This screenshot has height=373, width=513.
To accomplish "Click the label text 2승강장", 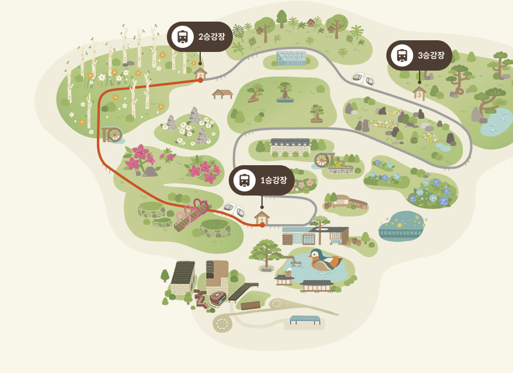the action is tap(211, 37).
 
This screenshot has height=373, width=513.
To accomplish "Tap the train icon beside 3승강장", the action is tap(402, 55).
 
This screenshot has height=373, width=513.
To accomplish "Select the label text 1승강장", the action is tap(273, 180).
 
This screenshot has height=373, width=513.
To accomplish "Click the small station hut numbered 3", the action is tap(419, 93).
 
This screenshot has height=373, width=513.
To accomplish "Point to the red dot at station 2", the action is tap(200, 80).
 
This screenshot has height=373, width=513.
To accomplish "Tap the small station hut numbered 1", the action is tap(262, 217).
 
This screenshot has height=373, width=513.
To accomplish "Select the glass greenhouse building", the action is tap(291, 58).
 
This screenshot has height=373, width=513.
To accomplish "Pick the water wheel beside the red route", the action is tap(111, 135).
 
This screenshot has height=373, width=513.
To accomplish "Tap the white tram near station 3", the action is tap(362, 78).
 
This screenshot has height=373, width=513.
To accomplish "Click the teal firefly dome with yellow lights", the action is tap(400, 226).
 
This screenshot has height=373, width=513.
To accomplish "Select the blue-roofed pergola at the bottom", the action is tap(305, 320).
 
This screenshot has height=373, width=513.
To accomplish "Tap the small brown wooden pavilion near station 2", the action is tap(222, 93).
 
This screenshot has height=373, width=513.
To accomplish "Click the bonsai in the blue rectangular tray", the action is tap(285, 93).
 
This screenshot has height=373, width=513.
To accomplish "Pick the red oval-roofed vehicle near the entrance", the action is tap(218, 298).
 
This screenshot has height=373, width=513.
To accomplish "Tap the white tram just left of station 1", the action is tap(234, 210).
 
